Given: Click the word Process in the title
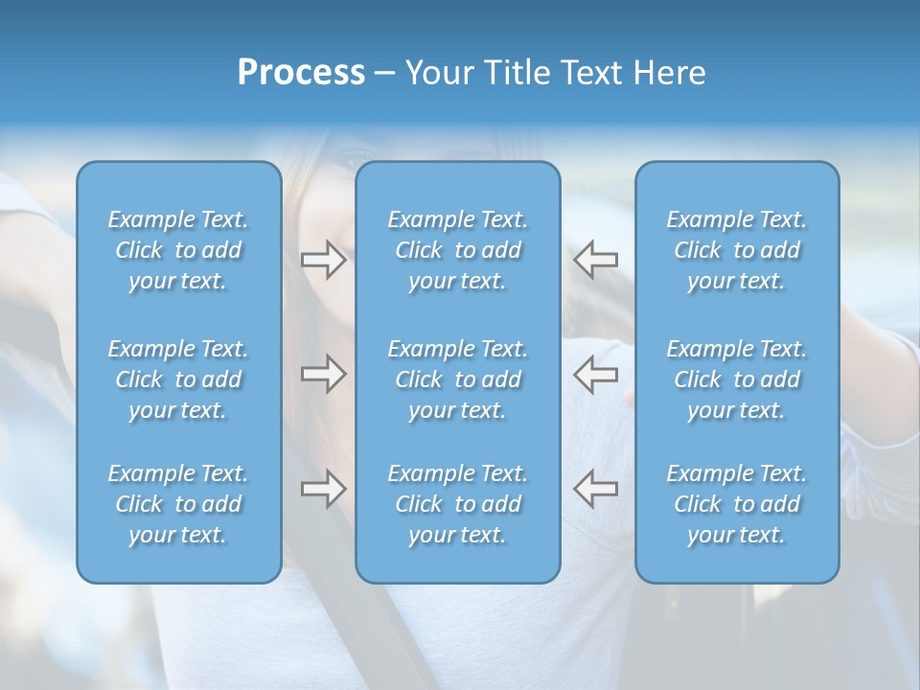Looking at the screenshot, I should [x=301, y=73].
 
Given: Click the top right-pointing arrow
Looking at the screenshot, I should [x=324, y=260].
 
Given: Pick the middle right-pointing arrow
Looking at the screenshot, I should [x=324, y=374].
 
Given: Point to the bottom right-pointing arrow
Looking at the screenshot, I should [x=324, y=489].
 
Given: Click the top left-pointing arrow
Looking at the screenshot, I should [x=595, y=260].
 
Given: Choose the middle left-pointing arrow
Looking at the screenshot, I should [x=595, y=374].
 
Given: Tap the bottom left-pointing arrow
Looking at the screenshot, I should [x=595, y=489].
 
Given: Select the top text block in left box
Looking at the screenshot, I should [x=178, y=250].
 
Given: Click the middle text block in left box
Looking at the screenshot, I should [x=178, y=379].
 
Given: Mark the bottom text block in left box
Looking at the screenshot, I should [x=178, y=504].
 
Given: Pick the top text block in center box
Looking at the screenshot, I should [x=457, y=250].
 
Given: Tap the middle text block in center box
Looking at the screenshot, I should [x=457, y=379].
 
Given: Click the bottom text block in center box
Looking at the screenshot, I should [x=457, y=504].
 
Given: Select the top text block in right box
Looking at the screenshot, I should [x=737, y=250].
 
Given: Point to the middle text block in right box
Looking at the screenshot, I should [x=737, y=379].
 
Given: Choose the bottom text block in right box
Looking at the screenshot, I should [x=737, y=504].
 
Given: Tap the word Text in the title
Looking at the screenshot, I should [x=591, y=73].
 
